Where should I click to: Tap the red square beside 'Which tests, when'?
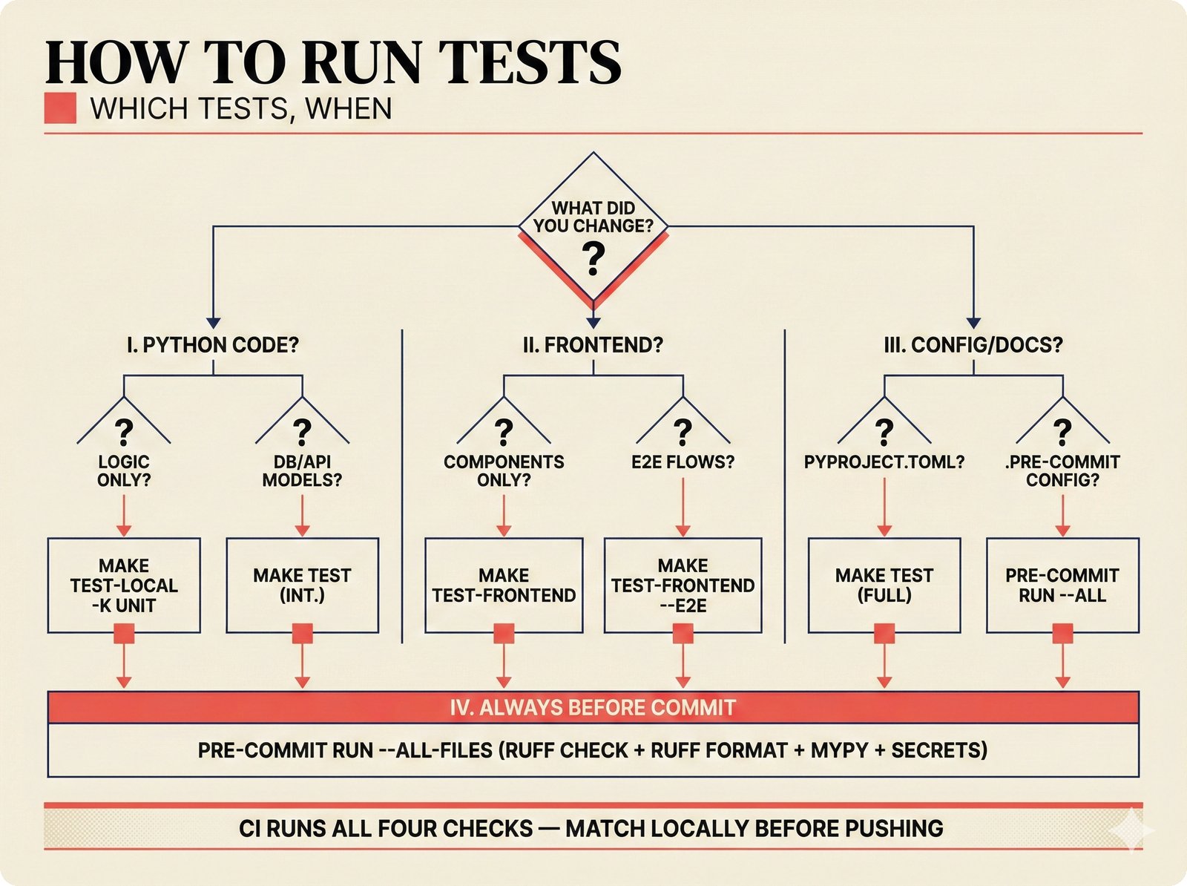60,108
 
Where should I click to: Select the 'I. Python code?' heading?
213,345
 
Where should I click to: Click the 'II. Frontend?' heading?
593,345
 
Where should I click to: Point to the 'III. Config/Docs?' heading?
973,345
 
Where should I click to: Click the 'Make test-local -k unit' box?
124,585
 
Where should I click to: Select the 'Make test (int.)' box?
302,585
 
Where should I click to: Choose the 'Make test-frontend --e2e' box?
683,585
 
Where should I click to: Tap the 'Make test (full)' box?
884,585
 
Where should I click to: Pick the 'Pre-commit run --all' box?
1062,585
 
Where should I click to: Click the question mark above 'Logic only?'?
124,431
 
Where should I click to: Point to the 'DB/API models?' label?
302,470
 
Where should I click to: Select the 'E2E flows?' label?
683,462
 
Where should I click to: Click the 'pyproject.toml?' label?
884,462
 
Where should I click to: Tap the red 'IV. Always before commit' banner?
593,707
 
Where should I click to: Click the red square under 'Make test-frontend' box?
504,633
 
